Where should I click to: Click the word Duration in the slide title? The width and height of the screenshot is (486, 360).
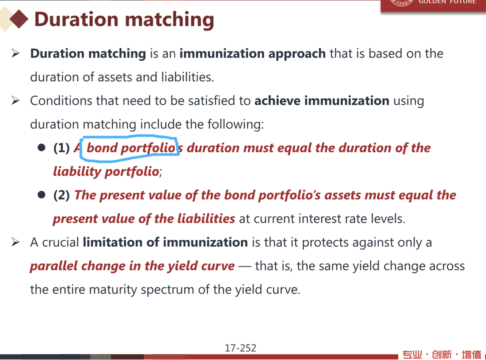[x=76, y=19]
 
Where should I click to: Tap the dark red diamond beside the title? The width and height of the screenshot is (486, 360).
[x=19, y=19]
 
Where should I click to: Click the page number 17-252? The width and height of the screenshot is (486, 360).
[x=240, y=348]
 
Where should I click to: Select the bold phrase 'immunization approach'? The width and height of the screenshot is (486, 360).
[x=253, y=54]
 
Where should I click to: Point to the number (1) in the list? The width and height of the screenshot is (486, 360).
[x=61, y=148]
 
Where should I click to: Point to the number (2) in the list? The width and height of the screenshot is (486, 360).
[x=61, y=195]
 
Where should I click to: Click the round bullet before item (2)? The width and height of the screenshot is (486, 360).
[x=41, y=194]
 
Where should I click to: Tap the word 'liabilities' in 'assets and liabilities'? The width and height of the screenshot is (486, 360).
[x=187, y=77]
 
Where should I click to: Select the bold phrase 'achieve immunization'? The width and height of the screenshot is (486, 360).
[x=322, y=101]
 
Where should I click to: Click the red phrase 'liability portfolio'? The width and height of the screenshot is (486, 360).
[x=106, y=172]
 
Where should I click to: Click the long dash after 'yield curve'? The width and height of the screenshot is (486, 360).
[x=245, y=266]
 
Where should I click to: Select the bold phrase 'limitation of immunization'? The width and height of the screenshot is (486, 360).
[x=165, y=242]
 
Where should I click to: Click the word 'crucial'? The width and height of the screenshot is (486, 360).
[x=61, y=243]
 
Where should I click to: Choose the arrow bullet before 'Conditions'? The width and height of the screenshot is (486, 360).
[x=15, y=101]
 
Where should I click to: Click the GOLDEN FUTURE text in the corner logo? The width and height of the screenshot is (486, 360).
[x=447, y=2]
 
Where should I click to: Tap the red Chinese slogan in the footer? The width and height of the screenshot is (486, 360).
[x=442, y=354]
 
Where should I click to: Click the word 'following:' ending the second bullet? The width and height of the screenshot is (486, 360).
[x=235, y=125]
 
